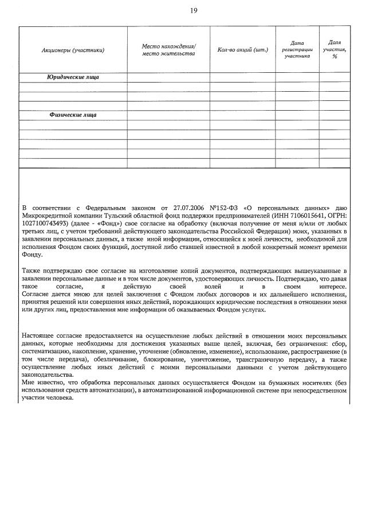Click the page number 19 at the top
193,10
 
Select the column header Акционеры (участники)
73,50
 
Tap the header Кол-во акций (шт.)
243,50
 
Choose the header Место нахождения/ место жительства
168,49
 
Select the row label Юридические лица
73,77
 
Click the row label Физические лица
73,115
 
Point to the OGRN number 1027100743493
45,223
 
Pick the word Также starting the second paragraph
32,270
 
